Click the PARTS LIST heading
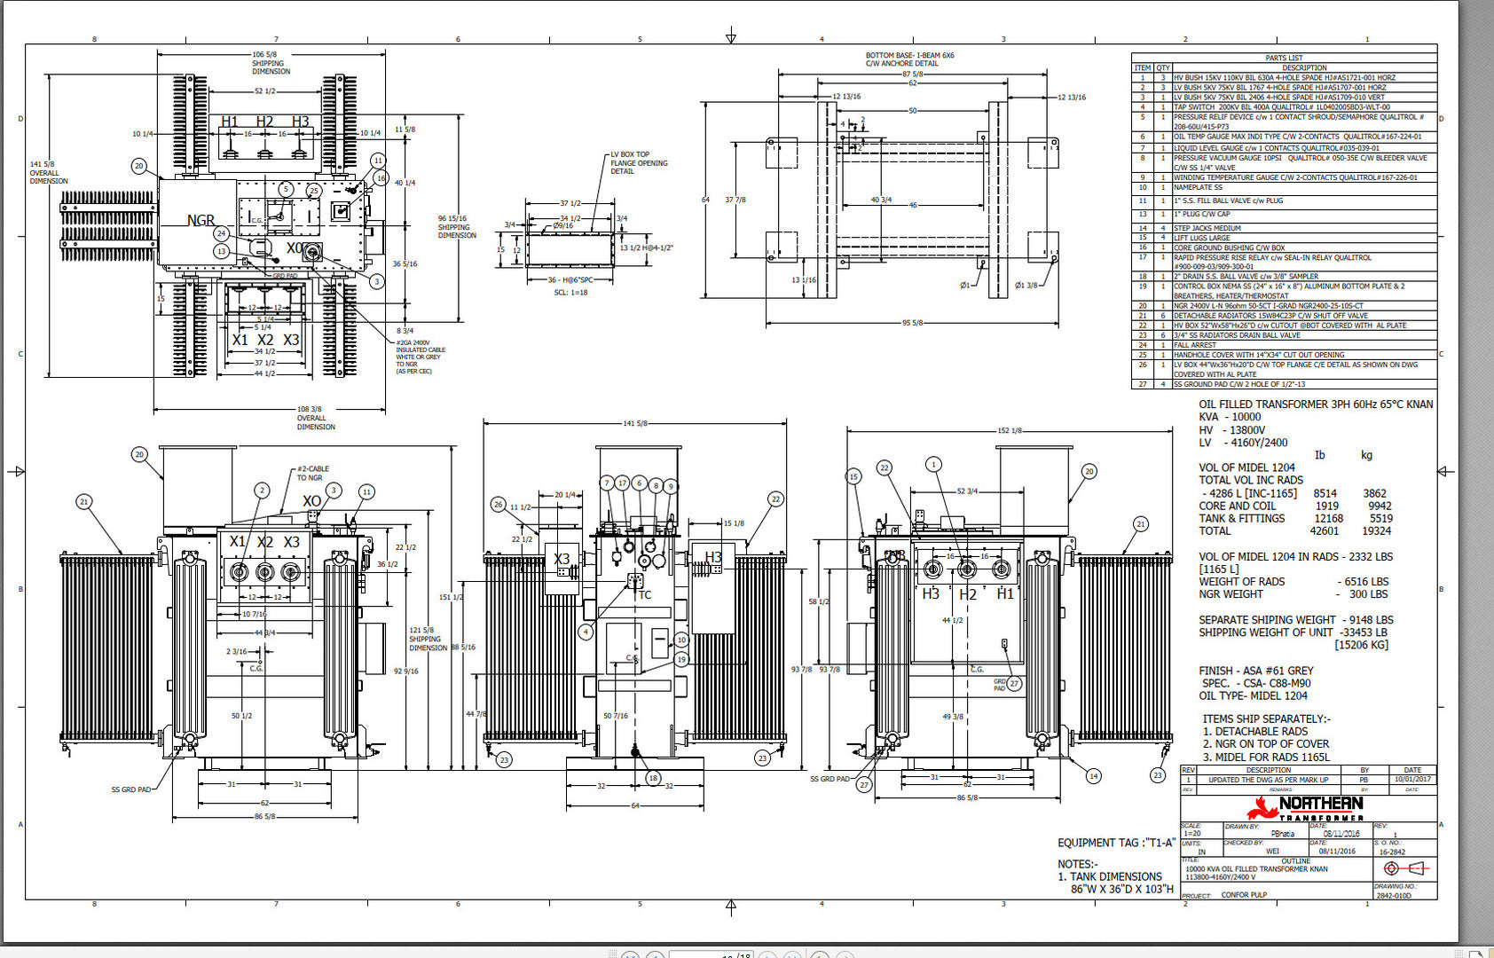point(1284,58)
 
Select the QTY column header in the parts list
point(1163,67)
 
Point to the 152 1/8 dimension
point(1009,430)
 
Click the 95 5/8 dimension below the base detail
point(913,323)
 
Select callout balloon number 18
point(653,778)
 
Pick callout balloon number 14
point(1093,776)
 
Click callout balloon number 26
point(498,504)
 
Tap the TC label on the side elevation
point(645,595)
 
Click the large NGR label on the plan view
point(201,220)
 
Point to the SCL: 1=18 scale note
point(570,292)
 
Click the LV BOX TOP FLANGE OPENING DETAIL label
point(639,162)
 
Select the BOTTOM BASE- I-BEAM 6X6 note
point(909,59)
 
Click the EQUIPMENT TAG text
point(1115,843)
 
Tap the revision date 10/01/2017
point(1412,780)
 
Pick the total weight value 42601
point(1324,531)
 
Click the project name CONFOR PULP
point(1244,895)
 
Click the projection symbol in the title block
point(1403,868)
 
